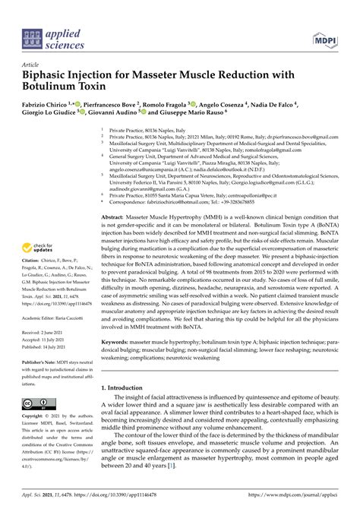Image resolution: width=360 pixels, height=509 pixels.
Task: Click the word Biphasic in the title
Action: point(51,77)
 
